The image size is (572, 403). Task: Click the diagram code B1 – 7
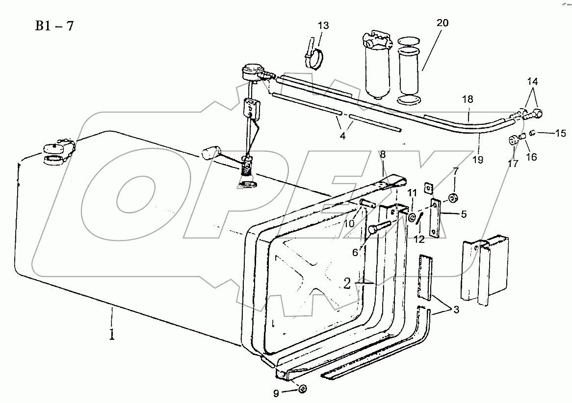click(54, 26)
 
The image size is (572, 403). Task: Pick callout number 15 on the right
click(560, 132)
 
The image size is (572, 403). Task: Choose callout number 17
click(513, 164)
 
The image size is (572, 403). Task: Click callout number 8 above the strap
click(383, 155)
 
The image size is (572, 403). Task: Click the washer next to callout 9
click(303, 389)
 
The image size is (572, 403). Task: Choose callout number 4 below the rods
click(342, 136)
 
